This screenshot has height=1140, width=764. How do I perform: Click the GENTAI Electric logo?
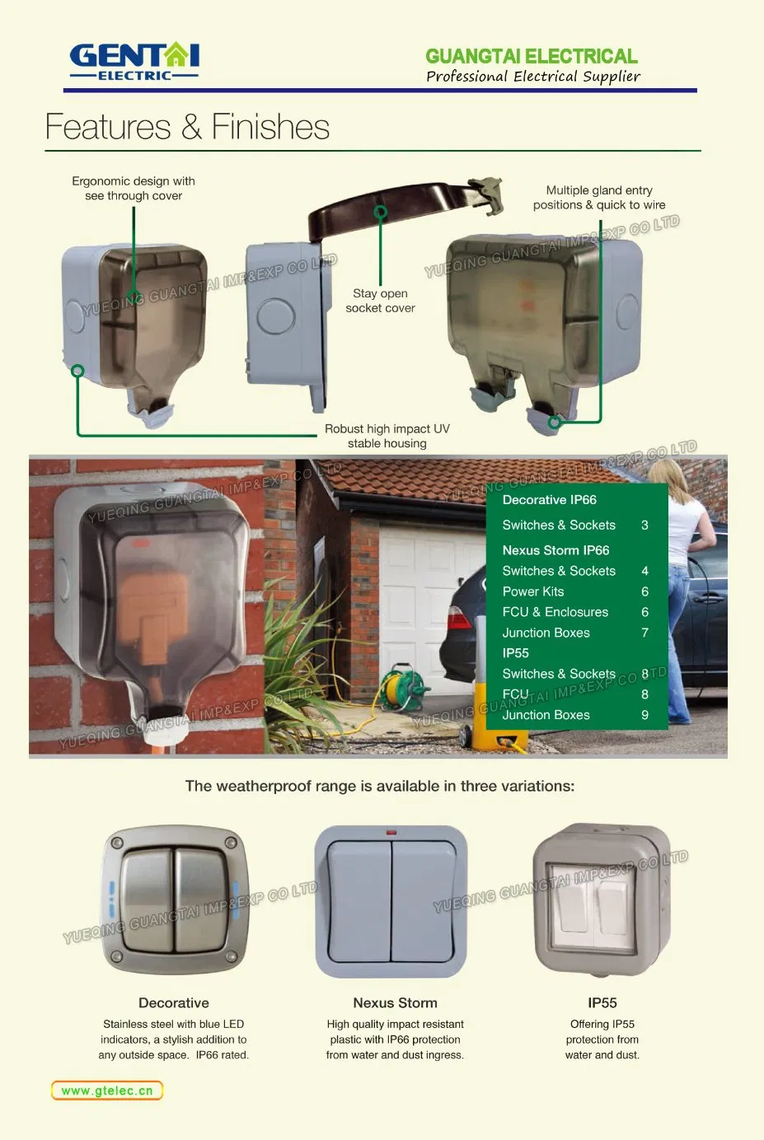tap(134, 61)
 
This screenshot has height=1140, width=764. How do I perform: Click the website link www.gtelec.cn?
tap(107, 1091)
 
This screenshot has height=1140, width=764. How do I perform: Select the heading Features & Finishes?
tap(187, 127)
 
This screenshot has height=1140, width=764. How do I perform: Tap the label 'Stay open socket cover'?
tap(380, 301)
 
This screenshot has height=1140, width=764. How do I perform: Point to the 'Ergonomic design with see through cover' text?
tap(134, 189)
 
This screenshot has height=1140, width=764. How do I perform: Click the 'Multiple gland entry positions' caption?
tap(599, 198)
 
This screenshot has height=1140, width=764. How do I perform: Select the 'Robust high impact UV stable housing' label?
tap(387, 437)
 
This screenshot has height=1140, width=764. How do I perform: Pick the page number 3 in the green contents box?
tap(644, 526)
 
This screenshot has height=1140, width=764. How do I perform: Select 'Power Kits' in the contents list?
tap(533, 591)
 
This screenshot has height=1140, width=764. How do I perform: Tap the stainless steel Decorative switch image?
tap(174, 899)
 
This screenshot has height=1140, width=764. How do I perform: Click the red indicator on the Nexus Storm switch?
tap(391, 833)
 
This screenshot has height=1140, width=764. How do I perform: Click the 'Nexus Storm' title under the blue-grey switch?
tap(396, 1002)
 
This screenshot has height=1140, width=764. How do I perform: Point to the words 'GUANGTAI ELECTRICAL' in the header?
tap(532, 56)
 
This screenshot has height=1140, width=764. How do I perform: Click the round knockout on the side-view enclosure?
tap(275, 316)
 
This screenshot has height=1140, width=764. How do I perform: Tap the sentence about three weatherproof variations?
tap(380, 787)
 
